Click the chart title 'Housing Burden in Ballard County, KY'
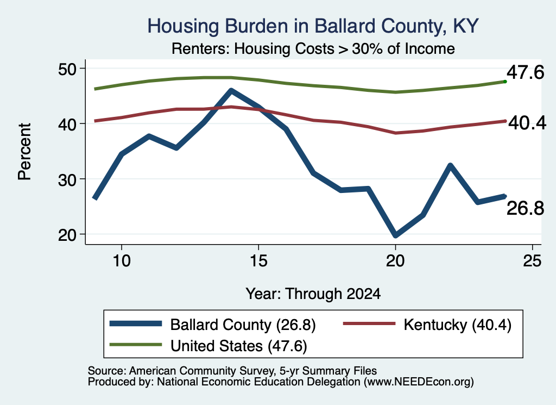(313, 26)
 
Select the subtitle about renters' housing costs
(313, 48)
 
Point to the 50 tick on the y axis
(67, 68)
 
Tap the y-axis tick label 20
(67, 235)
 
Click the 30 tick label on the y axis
(67, 179)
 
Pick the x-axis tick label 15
(258, 261)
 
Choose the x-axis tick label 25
(532, 261)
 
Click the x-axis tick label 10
(122, 261)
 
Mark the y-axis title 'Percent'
(24, 152)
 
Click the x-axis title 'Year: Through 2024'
(313, 294)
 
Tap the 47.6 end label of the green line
(525, 73)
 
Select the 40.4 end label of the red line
(527, 123)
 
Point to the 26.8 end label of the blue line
(525, 208)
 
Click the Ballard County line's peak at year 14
(231, 91)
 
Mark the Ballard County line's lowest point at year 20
(395, 235)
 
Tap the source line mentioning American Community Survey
(232, 371)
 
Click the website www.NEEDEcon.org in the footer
(419, 382)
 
